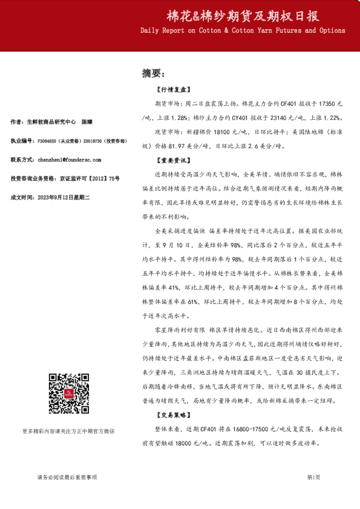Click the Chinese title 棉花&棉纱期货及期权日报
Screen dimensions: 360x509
click(243, 15)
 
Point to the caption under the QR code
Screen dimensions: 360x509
click(68, 431)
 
